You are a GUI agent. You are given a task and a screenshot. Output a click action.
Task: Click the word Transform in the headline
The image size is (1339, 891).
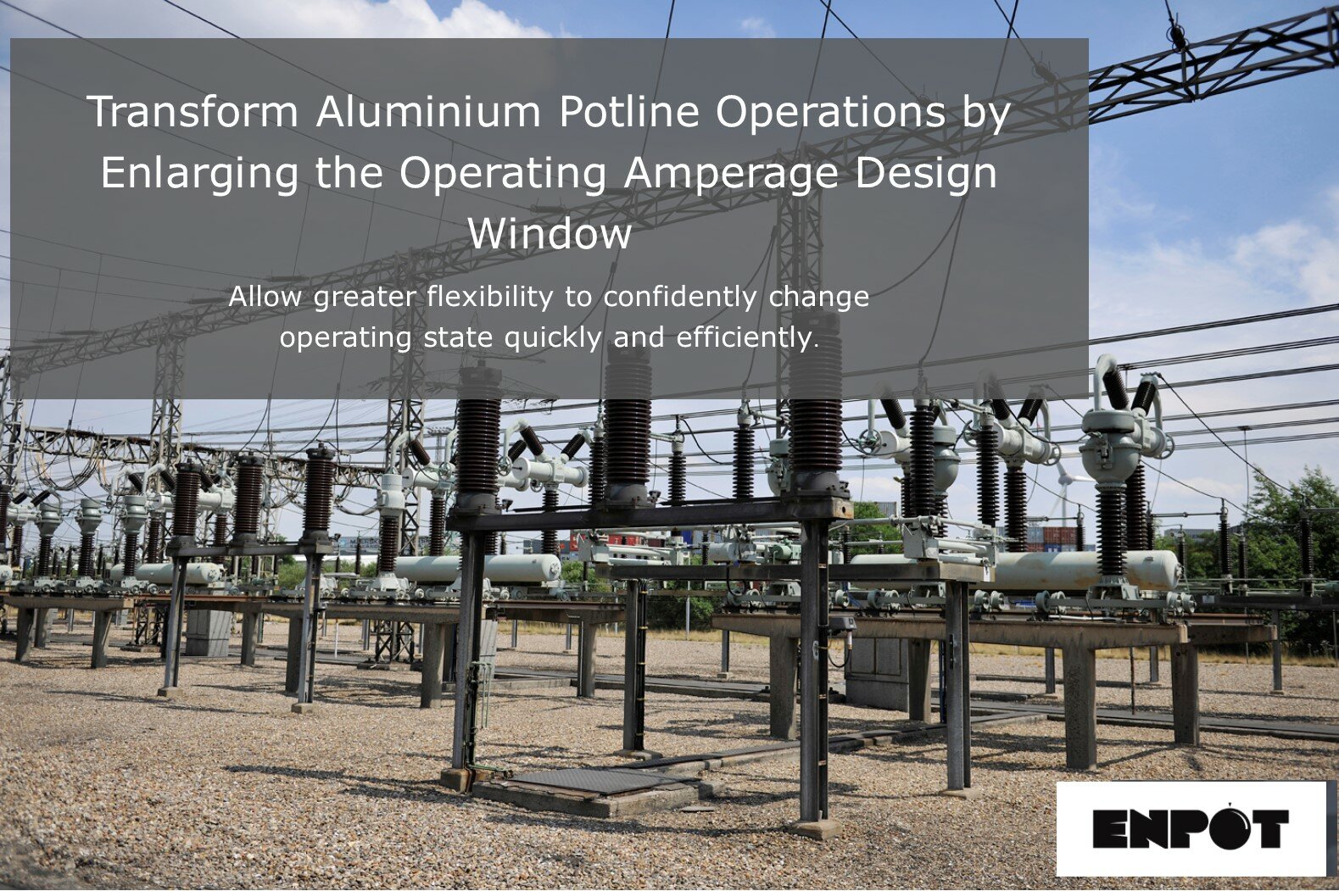192,111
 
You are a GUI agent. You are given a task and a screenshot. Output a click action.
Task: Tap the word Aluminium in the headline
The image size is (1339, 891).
428,111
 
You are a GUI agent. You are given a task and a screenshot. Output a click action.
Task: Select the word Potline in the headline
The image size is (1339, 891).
628,111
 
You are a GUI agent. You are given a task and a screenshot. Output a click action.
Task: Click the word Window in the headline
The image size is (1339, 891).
550,234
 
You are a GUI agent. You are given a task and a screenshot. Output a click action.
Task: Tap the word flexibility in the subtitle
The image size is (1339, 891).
490,297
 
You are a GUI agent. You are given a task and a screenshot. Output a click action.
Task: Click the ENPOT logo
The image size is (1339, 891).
1190,827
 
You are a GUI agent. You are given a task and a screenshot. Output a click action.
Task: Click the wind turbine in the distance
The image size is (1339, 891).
1064,487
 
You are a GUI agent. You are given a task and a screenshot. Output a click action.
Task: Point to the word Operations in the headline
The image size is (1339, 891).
830,111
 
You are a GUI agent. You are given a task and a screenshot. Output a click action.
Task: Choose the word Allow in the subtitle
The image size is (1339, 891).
265,297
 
